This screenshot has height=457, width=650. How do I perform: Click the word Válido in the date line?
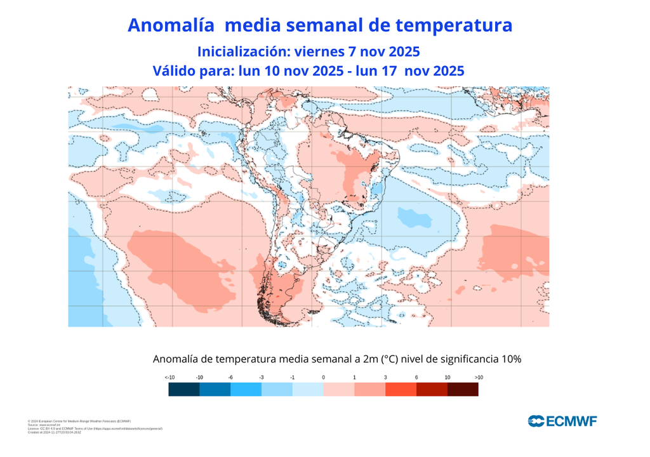(175, 71)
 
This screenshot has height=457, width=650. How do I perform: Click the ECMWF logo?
(562, 420)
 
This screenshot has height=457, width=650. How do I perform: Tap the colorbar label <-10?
(169, 378)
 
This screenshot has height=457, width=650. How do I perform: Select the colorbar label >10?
(479, 378)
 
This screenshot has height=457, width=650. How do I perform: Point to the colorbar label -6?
(230, 378)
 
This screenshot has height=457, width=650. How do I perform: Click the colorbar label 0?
(323, 378)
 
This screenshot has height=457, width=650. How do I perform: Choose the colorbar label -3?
(261, 378)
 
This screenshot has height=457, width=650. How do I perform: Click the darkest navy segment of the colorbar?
(184, 390)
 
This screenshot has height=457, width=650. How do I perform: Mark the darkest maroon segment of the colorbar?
(463, 390)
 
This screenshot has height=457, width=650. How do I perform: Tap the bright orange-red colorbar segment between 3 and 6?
(401, 390)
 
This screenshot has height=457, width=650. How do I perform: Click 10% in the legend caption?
(510, 359)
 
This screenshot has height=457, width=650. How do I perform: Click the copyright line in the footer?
(79, 421)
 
